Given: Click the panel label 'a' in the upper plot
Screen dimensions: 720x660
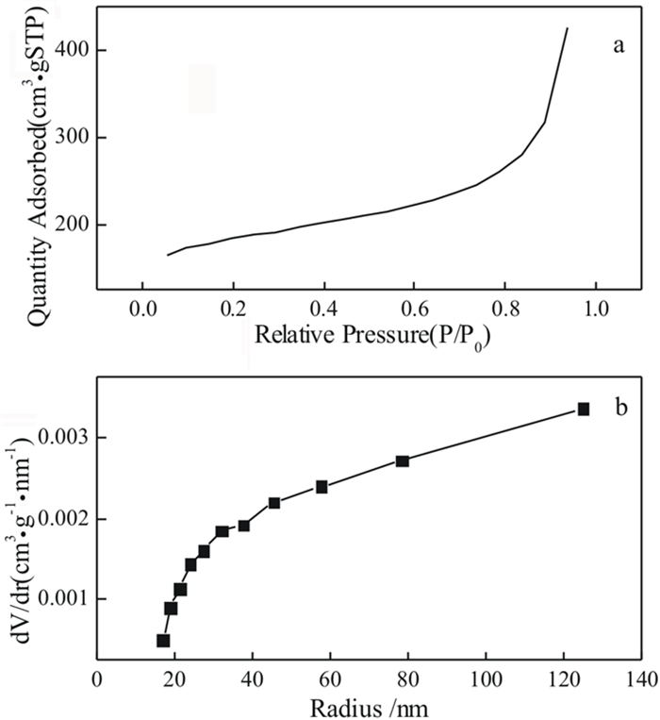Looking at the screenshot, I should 619,45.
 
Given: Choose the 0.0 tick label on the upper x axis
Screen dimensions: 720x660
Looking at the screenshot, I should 142,309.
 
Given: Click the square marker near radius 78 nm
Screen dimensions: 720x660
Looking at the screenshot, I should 403,460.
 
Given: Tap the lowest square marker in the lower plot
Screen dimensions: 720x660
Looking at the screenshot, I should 163,641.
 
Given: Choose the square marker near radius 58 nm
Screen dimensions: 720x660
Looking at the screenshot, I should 322,487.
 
